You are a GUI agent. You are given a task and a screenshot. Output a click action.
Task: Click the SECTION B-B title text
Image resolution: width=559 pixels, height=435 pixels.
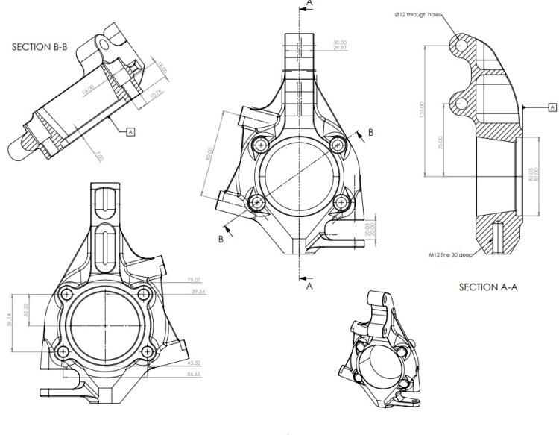40,46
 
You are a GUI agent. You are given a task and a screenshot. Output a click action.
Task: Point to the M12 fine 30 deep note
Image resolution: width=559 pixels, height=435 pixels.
451,254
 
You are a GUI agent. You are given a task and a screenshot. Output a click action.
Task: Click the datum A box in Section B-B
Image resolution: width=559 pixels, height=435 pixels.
130,132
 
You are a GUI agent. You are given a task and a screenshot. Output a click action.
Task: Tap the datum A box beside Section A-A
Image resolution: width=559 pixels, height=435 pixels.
552,107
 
